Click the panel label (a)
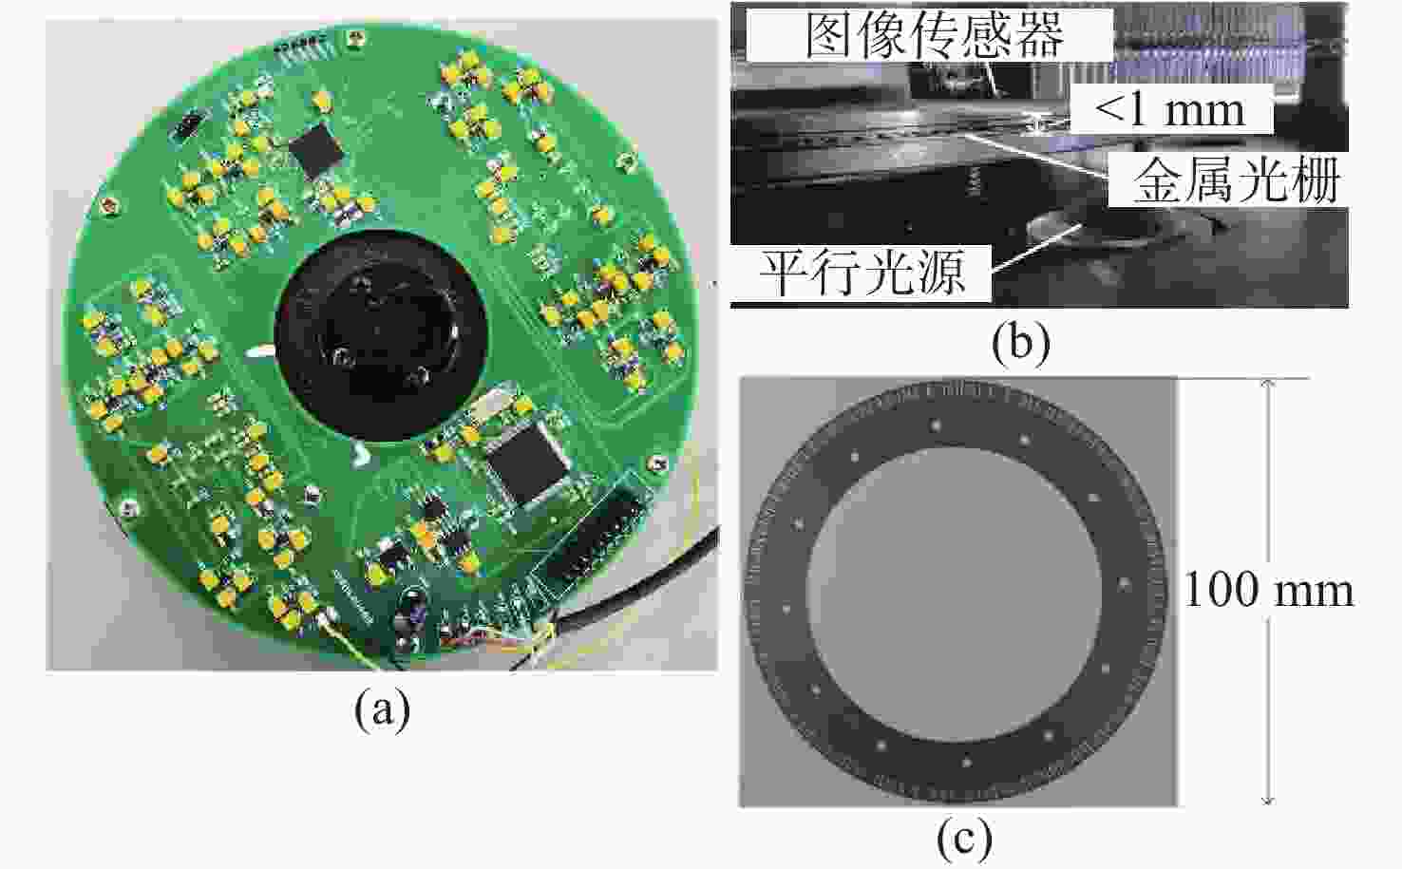tap(383, 710)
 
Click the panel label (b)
tap(1021, 344)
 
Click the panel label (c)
tap(964, 840)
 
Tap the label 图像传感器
tap(935, 35)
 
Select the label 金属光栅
tap(1237, 180)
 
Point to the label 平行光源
tap(862, 274)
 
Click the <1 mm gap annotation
tap(1169, 110)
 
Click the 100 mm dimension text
tap(1269, 590)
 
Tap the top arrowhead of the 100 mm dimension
tap(1267, 384)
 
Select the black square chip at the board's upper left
tap(316, 150)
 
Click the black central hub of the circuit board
tap(381, 334)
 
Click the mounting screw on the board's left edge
tap(107, 204)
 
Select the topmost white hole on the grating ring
tap(937, 425)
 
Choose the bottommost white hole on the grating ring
tap(966, 762)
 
